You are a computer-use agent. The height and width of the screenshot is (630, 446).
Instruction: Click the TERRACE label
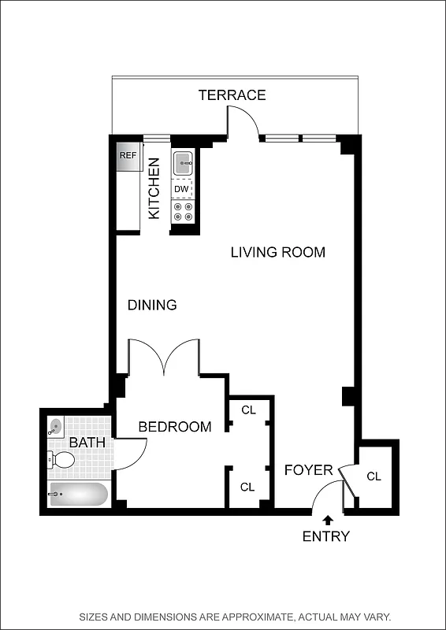[232, 95]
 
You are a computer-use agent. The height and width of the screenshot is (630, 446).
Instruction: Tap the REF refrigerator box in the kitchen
[128, 155]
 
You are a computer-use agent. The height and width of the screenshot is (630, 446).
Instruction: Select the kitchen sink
[183, 165]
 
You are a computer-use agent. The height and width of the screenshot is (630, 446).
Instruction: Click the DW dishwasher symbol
[182, 189]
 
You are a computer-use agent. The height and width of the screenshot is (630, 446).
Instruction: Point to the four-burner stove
[183, 211]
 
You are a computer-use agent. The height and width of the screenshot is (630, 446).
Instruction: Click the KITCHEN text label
[154, 188]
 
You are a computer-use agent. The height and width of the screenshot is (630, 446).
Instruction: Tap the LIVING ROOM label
[277, 252]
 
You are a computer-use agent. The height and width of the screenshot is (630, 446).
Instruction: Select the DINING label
[152, 305]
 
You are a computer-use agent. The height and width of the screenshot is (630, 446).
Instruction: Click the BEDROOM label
[174, 427]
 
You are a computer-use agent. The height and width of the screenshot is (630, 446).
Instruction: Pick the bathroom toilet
[61, 460]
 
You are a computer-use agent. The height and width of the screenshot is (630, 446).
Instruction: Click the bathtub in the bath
[77, 495]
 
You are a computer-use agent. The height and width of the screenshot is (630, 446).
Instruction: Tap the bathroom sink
[55, 428]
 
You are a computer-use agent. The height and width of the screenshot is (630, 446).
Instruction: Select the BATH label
[87, 443]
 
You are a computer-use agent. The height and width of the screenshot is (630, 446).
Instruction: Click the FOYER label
[308, 470]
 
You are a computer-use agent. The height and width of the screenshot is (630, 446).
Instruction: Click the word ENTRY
[326, 537]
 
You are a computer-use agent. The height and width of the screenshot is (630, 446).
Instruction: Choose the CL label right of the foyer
[374, 476]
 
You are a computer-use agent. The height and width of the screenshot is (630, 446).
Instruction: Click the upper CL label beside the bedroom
[248, 410]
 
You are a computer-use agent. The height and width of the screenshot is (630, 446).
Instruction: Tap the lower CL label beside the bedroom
[247, 487]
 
